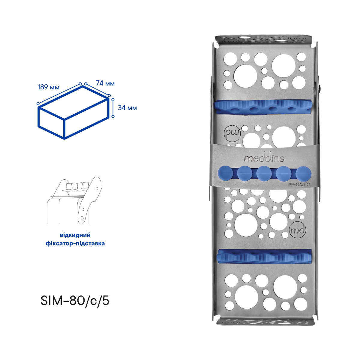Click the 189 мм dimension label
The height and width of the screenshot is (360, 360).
point(49,87)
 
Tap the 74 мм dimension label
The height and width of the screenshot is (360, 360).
point(105,83)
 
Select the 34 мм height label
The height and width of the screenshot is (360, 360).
point(127,108)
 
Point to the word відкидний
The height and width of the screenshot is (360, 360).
point(75,235)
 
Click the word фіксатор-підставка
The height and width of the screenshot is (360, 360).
point(75,243)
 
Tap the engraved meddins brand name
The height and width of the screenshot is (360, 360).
point(264,158)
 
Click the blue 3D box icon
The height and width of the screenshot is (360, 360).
point(73,112)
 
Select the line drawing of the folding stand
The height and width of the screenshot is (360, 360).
point(74,200)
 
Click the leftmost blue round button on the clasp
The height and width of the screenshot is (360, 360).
point(226,173)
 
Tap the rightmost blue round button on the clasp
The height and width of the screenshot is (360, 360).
point(303,174)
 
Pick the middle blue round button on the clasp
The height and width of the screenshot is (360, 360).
point(264,174)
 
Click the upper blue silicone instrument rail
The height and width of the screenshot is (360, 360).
point(264,107)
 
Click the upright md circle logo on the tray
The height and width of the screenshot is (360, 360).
point(298,230)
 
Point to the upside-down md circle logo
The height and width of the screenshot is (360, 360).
point(232,134)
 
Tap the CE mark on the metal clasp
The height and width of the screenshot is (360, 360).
point(308,184)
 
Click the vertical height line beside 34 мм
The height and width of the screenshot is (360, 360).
point(113,108)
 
